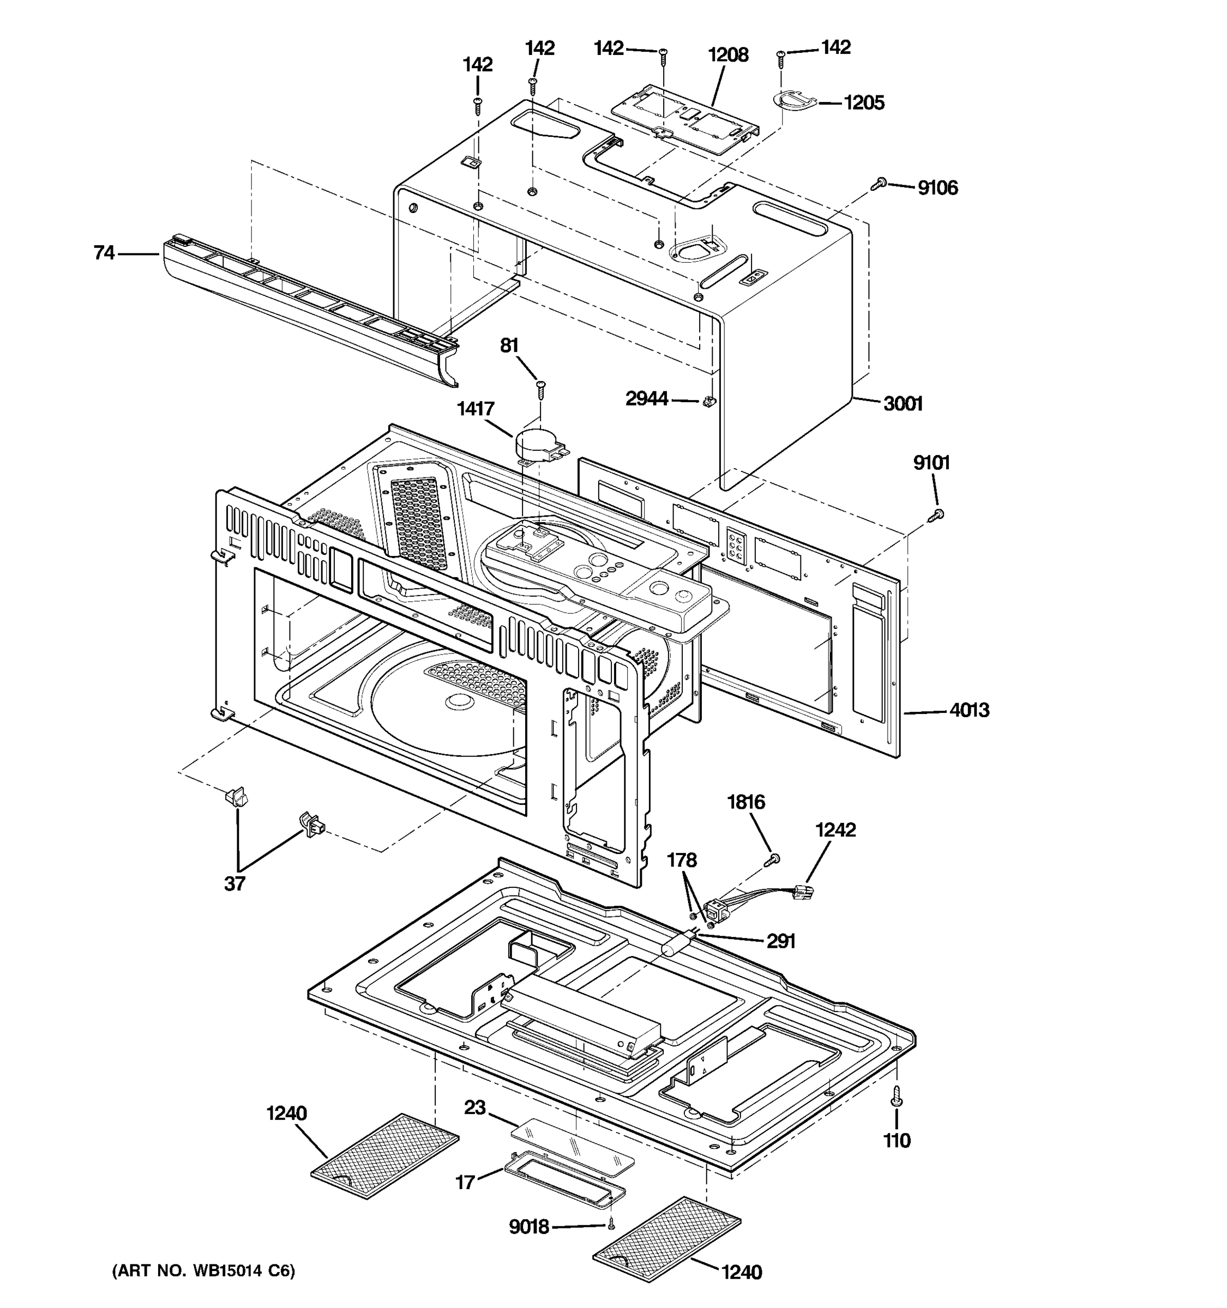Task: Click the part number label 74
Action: pyautogui.click(x=104, y=253)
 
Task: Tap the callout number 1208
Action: pyautogui.click(x=728, y=55)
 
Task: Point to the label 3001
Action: pyautogui.click(x=903, y=403)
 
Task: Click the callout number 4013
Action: pyautogui.click(x=969, y=710)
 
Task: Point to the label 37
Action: pyautogui.click(x=235, y=883)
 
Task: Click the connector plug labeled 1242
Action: pyautogui.click(x=804, y=892)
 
